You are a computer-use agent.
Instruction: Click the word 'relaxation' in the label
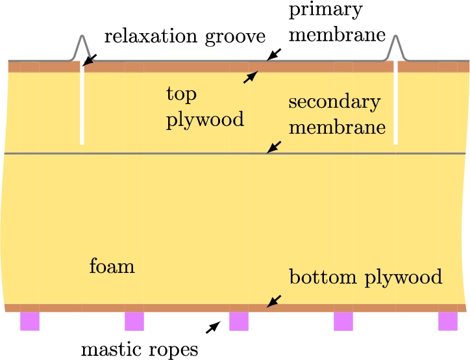pyautogui.click(x=151, y=36)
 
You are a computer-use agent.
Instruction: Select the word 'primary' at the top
pyautogui.click(x=326, y=11)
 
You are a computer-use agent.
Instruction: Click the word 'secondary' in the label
pyautogui.click(x=334, y=102)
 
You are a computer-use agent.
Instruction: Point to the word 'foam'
pyautogui.click(x=112, y=266)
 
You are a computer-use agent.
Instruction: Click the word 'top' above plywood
pyautogui.click(x=181, y=95)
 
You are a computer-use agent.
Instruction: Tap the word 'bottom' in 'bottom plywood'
pyautogui.click(x=323, y=276)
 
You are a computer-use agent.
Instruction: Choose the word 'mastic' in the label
pyautogui.click(x=111, y=349)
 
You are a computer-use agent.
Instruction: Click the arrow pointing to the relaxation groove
pyautogui.click(x=90, y=60)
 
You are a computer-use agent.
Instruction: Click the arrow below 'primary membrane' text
pyautogui.click(x=274, y=55)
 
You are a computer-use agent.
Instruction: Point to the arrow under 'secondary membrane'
pyautogui.click(x=274, y=147)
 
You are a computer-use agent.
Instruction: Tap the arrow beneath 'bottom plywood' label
pyautogui.click(x=274, y=302)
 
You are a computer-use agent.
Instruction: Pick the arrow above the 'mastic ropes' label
pyautogui.click(x=213, y=328)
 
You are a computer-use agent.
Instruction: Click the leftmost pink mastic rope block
pyautogui.click(x=30, y=321)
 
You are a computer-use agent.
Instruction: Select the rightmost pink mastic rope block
pyautogui.click(x=448, y=321)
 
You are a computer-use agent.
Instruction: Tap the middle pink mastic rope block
pyautogui.click(x=239, y=321)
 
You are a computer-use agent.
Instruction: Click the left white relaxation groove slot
pyautogui.click(x=82, y=103)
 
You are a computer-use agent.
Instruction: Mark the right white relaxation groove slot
pyautogui.click(x=395, y=103)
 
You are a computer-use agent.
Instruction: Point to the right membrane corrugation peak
pyautogui.click(x=395, y=36)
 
